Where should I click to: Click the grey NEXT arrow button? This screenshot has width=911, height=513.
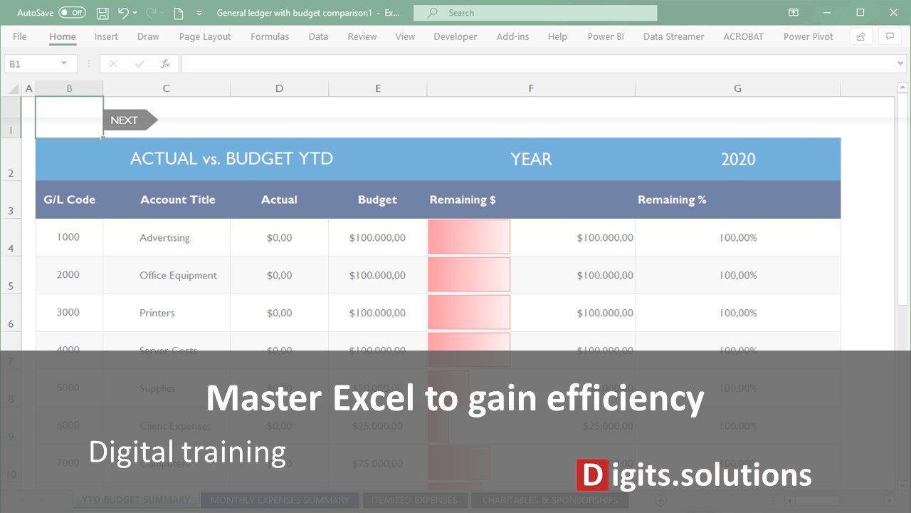[129, 120]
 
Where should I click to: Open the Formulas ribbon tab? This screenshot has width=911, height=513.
[270, 36]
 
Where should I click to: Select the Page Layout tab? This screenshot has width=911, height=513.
[205, 36]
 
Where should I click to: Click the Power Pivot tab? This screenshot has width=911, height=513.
[808, 36]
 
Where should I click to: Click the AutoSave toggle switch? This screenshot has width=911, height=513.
[72, 13]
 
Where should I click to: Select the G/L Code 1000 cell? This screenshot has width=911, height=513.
[68, 237]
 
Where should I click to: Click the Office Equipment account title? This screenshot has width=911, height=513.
[178, 275]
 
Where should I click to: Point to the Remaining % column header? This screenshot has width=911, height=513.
[672, 199]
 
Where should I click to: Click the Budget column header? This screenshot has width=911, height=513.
[377, 199]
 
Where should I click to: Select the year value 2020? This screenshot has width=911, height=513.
[738, 159]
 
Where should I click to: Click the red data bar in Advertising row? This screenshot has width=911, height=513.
[468, 237]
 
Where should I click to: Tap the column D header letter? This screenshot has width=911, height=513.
[279, 88]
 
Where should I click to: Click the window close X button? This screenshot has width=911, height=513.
[893, 13]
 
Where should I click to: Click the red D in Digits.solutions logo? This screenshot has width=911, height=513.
[591, 475]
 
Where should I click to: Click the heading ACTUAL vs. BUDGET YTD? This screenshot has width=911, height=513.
[231, 159]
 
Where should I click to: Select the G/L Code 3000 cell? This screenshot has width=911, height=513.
[68, 313]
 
